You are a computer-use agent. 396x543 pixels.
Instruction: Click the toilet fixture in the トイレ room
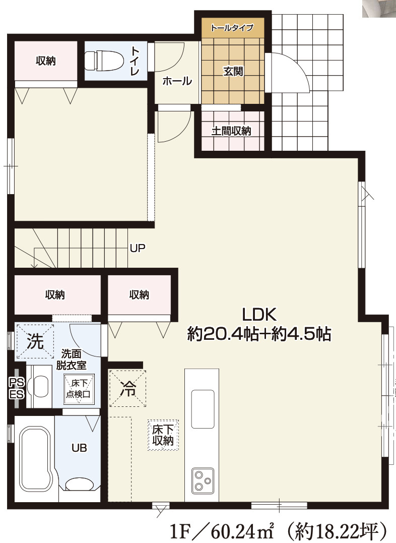(x=104, y=61)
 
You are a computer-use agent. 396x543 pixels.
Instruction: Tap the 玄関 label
(x=233, y=71)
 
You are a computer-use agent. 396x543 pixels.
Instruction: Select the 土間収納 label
(x=231, y=131)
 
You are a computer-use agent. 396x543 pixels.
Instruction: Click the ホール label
(x=177, y=81)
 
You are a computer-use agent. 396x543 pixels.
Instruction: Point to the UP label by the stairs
(x=138, y=248)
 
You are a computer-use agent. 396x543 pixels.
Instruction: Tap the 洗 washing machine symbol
(x=35, y=341)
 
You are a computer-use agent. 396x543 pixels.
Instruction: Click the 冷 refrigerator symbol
(x=128, y=388)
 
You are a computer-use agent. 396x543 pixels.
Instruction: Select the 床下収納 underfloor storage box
(x=163, y=435)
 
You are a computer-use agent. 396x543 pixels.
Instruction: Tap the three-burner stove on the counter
(x=203, y=480)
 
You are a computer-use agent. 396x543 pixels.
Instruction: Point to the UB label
(x=79, y=448)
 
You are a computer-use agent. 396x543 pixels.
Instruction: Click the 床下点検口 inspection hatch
(x=79, y=389)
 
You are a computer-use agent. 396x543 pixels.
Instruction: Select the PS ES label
(x=16, y=388)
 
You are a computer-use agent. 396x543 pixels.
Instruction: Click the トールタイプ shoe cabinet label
(x=232, y=27)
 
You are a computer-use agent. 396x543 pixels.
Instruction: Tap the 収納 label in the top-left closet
(x=46, y=61)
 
